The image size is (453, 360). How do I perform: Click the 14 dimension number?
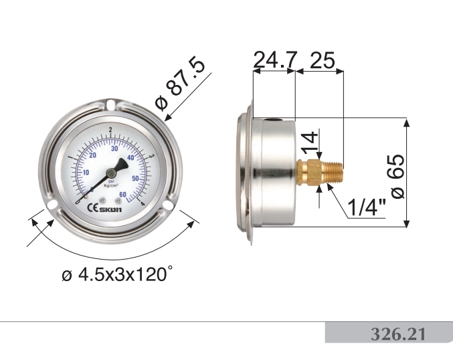(308, 142)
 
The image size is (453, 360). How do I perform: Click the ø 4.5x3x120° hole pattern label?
(117, 274)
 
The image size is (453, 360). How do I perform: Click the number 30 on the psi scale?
(114, 149)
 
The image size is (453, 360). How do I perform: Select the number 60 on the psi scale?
(123, 194)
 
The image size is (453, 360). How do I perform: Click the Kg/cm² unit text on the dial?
(120, 183)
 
